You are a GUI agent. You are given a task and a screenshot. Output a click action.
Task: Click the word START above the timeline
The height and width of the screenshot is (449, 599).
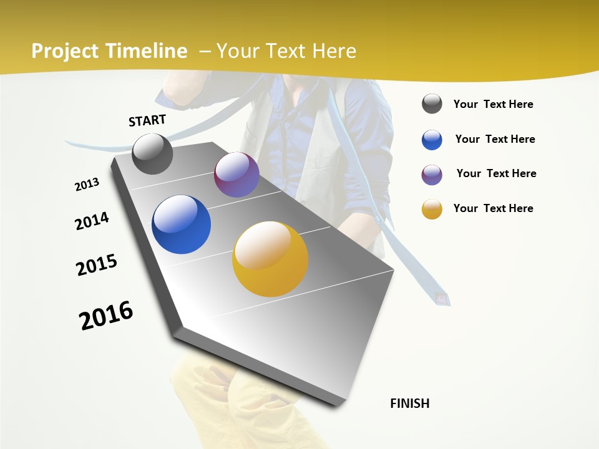click(x=147, y=120)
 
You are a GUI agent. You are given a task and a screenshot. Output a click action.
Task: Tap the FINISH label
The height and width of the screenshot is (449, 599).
click(x=409, y=403)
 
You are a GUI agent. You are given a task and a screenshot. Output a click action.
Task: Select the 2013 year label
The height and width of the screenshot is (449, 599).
click(x=87, y=185)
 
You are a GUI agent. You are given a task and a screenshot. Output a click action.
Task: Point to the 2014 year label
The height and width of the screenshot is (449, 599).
click(x=92, y=221)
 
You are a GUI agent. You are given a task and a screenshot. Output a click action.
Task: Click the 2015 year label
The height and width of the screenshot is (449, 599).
click(x=97, y=265)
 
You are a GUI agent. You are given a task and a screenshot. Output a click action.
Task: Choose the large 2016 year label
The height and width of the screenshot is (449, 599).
click(x=106, y=316)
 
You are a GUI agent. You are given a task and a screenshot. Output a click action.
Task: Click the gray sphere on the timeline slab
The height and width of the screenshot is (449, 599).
click(x=152, y=154)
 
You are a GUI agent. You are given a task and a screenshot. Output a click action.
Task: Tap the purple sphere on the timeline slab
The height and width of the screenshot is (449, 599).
click(x=236, y=175)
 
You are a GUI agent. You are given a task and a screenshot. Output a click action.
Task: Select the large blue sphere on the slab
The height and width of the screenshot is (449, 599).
click(x=181, y=224)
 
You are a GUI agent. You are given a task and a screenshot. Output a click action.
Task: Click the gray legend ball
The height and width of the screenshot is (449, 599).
click(x=432, y=104)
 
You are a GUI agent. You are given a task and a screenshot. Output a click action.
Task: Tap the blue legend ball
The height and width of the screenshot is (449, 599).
click(x=432, y=140)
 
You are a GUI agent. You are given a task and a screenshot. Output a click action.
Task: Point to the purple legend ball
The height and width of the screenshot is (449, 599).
click(x=432, y=175)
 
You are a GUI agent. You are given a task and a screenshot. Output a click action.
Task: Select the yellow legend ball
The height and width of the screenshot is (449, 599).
click(x=432, y=209)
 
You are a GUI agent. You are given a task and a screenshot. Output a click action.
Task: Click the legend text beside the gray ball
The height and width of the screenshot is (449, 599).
click(x=493, y=104)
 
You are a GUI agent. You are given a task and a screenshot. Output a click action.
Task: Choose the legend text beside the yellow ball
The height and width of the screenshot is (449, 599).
click(x=493, y=208)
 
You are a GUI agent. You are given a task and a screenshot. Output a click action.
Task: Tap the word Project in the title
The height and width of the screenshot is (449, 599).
click(x=64, y=51)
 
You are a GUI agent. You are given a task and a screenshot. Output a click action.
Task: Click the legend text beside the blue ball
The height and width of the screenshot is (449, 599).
click(x=495, y=139)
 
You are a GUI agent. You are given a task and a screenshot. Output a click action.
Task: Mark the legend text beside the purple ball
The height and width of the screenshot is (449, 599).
click(x=496, y=173)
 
